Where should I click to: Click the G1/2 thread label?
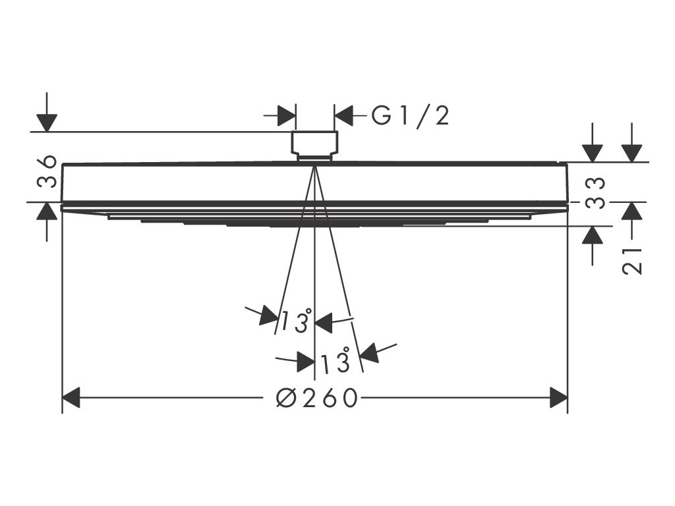click(411, 116)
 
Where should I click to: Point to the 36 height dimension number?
click(47, 173)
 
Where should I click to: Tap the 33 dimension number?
click(596, 192)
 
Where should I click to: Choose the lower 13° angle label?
click(335, 362)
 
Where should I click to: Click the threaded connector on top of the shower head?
click(314, 144)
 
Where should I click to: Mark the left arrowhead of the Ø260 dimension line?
click(71, 398)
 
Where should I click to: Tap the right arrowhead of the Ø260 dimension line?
click(559, 398)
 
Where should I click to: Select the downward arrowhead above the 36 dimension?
click(47, 123)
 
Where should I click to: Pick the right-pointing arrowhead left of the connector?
click(286, 116)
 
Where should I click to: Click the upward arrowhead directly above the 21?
click(632, 211)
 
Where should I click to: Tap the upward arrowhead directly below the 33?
click(593, 235)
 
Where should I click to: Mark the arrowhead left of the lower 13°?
click(305, 362)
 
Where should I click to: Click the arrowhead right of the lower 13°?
click(369, 352)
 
